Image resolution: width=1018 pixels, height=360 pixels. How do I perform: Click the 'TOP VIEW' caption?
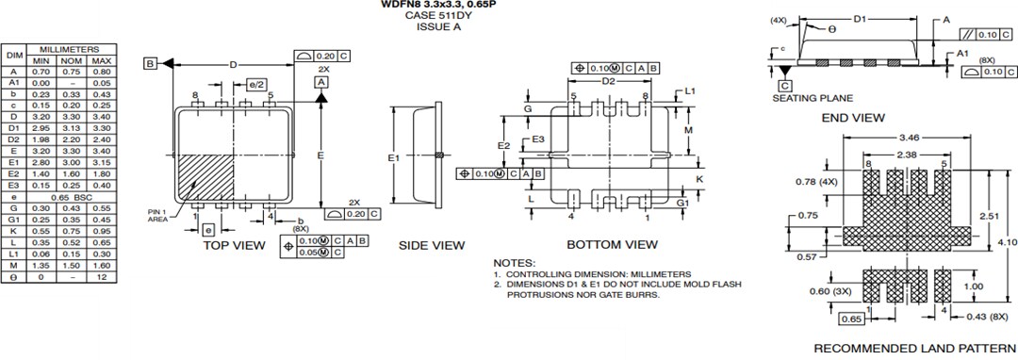point(235,245)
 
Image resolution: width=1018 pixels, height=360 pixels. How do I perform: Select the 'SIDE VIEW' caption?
point(432,245)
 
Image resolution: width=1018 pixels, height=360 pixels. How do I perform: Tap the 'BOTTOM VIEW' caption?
point(612,245)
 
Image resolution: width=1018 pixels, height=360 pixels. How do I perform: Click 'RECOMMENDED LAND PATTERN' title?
point(914,348)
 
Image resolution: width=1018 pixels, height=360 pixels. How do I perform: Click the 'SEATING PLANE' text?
point(813,98)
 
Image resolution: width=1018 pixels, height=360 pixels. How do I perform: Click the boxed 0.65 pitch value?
point(851,319)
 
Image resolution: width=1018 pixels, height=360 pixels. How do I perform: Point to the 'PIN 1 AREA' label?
point(157,215)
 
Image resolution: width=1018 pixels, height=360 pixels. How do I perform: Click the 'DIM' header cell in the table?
point(14,55)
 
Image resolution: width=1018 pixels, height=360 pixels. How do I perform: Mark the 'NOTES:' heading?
point(514,263)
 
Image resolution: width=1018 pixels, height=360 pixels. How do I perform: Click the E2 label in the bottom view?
point(504,146)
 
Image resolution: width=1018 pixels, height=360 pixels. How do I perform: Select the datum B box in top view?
point(150,63)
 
